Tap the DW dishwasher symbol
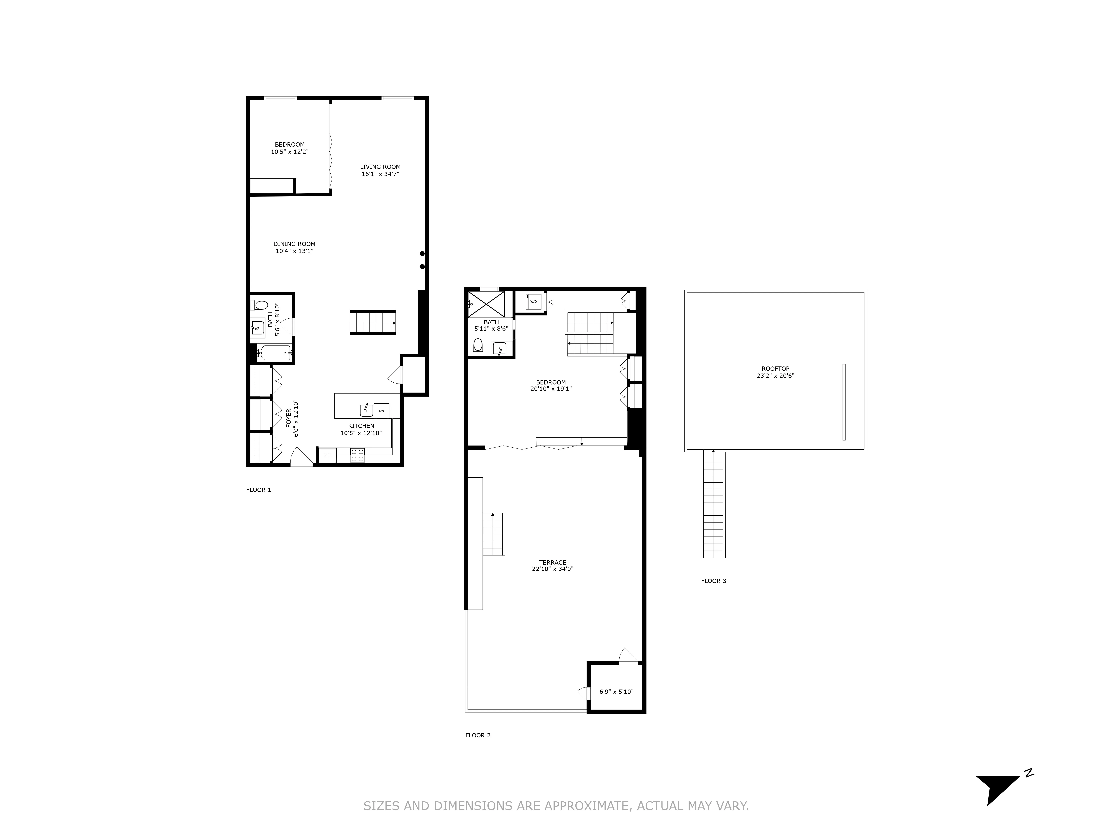[x=381, y=411]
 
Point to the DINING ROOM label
[x=294, y=244]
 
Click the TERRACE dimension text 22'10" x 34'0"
[x=552, y=569]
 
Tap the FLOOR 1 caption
[x=259, y=490]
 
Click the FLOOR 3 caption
[x=713, y=581]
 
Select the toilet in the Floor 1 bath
[x=260, y=305]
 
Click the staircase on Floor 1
[x=372, y=323]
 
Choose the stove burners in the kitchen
[x=358, y=455]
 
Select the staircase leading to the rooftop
[x=713, y=503]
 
